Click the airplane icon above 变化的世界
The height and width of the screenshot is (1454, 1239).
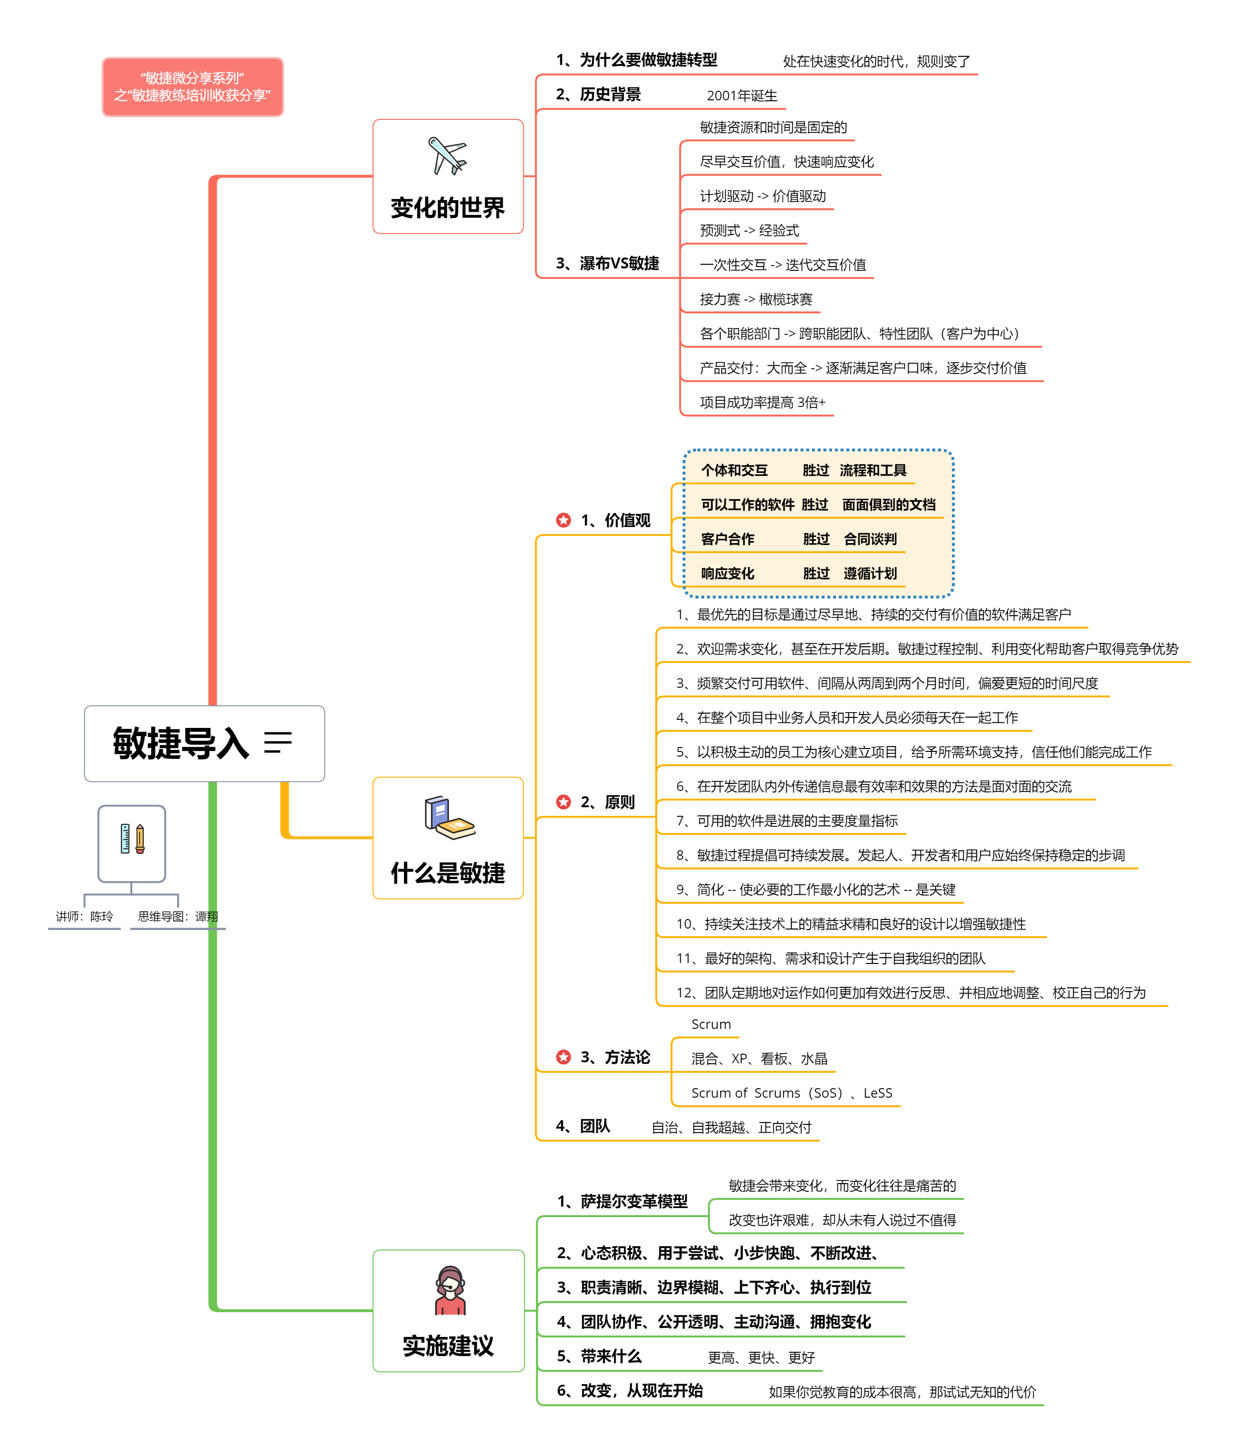pos(447,155)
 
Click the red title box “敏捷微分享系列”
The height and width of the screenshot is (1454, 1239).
pos(192,87)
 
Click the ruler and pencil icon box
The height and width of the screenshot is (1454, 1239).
pos(132,842)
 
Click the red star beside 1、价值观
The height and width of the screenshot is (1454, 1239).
pos(563,520)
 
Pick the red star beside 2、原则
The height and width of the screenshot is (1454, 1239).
pos(563,802)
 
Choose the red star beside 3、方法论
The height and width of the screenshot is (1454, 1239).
pos(563,1057)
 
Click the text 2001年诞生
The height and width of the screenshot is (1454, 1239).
pos(742,96)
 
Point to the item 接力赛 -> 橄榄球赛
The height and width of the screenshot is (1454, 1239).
pos(756,299)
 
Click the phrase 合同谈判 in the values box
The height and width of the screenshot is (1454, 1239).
pos(870,539)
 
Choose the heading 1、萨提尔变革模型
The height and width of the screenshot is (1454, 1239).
pos(622,1201)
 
